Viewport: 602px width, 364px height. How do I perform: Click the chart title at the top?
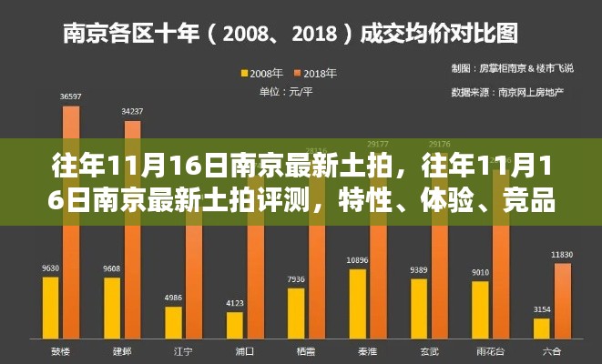tap(290, 34)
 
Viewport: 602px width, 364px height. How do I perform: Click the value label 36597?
tap(70, 96)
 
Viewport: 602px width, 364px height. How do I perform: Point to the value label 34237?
tap(132, 111)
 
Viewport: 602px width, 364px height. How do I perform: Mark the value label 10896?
tap(358, 260)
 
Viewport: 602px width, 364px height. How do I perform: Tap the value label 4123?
tap(235, 303)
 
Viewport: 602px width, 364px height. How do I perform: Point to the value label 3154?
tap(542, 309)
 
